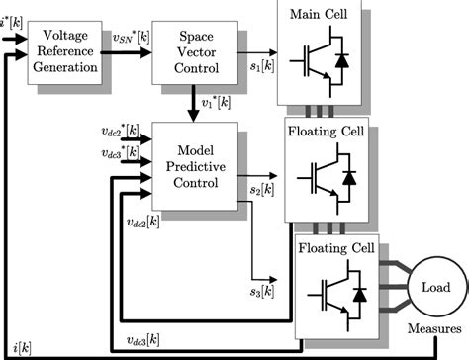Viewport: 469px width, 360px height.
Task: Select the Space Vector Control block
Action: [190, 48]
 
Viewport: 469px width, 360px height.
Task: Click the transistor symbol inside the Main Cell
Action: [328, 59]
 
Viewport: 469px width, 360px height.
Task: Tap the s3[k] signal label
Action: [261, 293]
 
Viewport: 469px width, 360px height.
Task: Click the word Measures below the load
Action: [434, 328]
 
